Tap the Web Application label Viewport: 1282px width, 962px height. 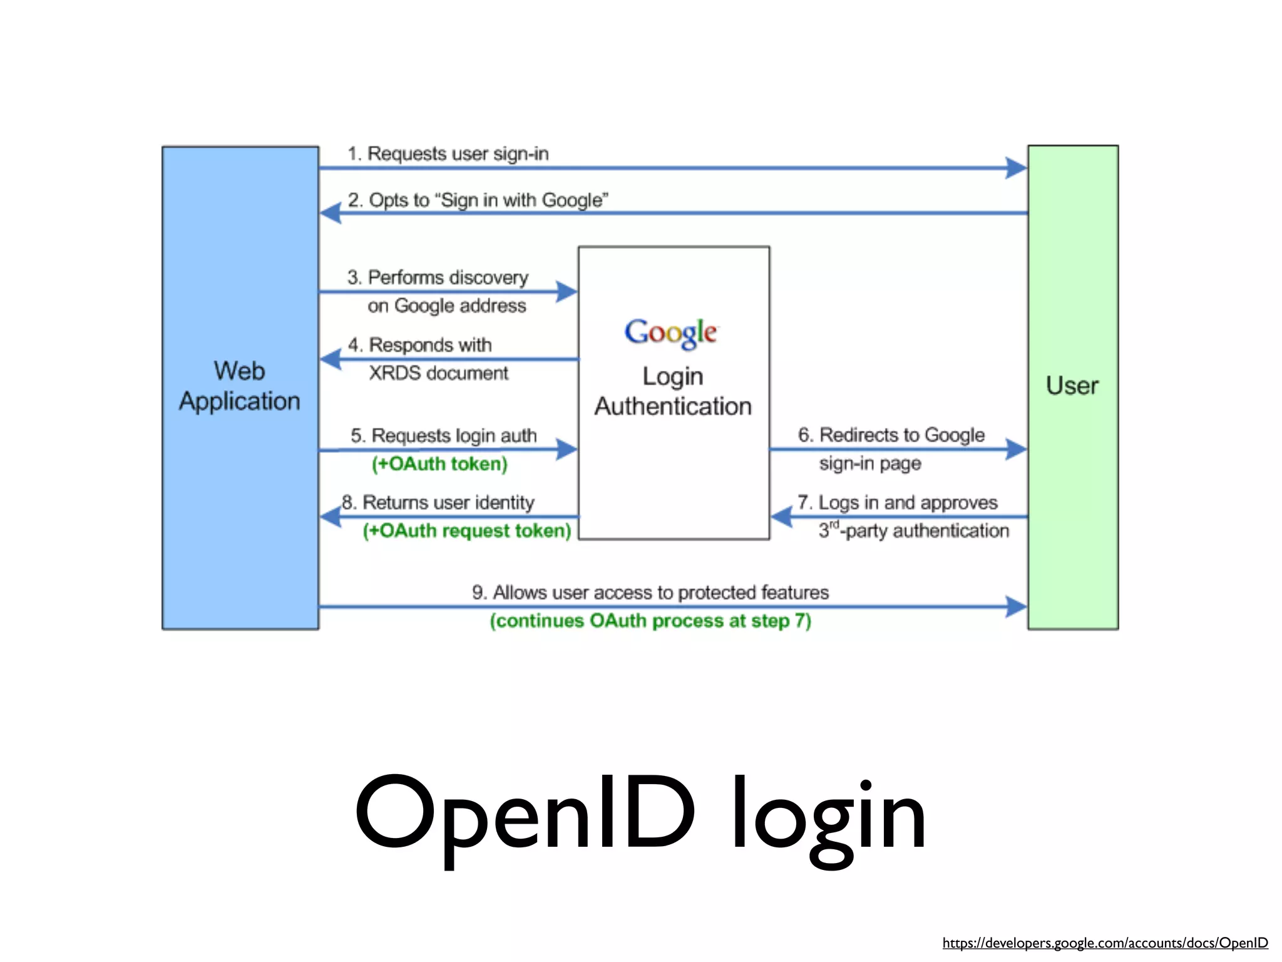pos(240,386)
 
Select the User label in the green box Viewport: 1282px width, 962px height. pos(1072,386)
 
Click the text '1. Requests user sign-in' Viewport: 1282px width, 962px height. pos(448,154)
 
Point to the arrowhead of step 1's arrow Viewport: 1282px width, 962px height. pos(1015,168)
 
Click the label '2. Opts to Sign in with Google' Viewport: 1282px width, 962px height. pos(478,200)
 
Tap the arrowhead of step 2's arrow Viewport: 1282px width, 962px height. pos(331,214)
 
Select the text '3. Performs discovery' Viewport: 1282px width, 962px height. pos(438,277)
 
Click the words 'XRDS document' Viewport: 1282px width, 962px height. pos(438,373)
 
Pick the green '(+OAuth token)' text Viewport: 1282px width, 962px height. pos(439,464)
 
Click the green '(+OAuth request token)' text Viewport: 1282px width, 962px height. pos(467,531)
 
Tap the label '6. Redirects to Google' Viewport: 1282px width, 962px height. pos(891,435)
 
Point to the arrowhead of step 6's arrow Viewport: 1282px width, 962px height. pos(1015,449)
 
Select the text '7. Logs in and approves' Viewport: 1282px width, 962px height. pos(898,503)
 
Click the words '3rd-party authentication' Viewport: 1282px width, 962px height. pos(914,531)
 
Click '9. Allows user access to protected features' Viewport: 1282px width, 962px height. pos(650,592)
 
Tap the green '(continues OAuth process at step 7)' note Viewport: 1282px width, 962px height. pos(650,621)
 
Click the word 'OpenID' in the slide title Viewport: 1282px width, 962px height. pos(525,814)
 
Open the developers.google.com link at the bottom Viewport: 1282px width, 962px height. pos(1105,943)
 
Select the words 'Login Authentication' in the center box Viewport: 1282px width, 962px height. pos(673,391)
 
